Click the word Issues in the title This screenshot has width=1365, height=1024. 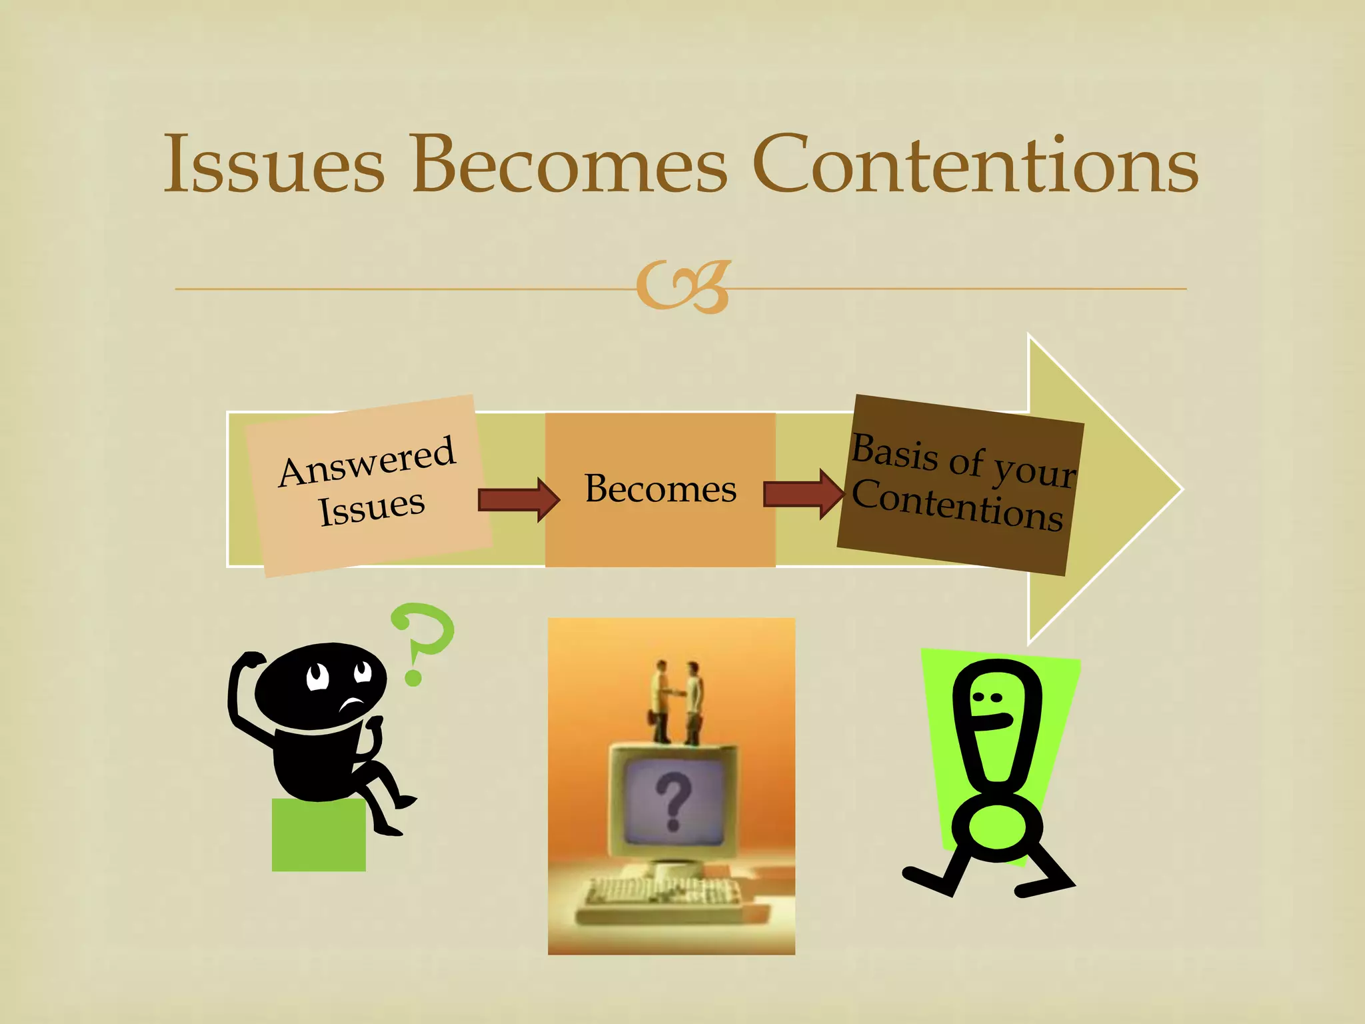point(274,164)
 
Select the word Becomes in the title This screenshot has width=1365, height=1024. point(569,164)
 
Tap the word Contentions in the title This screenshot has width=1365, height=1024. point(975,164)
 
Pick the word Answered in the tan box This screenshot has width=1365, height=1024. point(367,461)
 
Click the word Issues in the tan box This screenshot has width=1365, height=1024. point(371,508)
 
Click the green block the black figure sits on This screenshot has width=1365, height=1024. point(319,836)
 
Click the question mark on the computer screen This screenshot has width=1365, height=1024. point(673,801)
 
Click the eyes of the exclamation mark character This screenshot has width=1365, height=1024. point(988,697)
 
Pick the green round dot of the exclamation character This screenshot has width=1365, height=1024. point(996,826)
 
